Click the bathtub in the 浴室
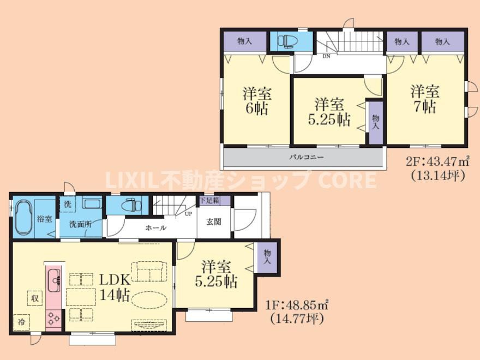tap(23, 218)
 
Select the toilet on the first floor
tap(131, 205)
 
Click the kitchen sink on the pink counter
tap(54, 280)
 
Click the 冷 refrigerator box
tap(22, 322)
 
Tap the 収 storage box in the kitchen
tap(34, 298)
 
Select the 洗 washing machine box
tap(67, 204)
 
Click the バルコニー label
tap(307, 157)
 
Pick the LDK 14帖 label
tap(115, 287)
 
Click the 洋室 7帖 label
tap(425, 99)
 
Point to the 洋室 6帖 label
tap(257, 101)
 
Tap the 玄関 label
tap(214, 222)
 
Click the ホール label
tap(155, 228)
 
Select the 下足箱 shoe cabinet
tap(214, 201)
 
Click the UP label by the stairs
tap(188, 214)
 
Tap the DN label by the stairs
tap(326, 56)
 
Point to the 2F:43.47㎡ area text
tap(437, 161)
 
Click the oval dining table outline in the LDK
tap(149, 298)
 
